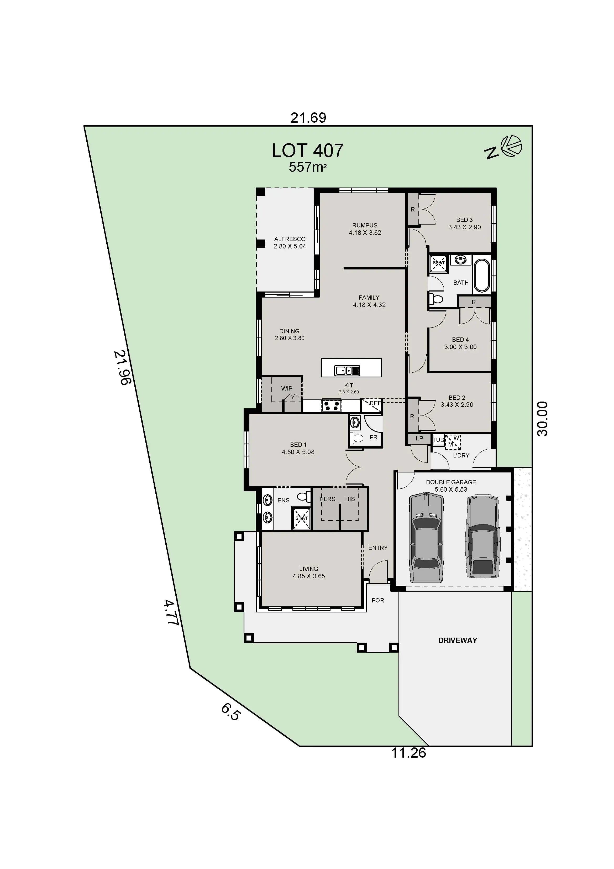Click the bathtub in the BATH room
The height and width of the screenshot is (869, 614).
coord(482,275)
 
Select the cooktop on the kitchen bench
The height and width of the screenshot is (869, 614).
coord(331,405)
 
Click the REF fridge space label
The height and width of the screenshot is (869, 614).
coord(375,403)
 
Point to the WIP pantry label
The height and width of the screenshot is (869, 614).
coord(286,388)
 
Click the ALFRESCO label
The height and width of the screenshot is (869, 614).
coord(289,239)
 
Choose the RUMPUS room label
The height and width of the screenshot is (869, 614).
coord(365,225)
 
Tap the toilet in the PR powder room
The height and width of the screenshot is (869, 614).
coord(356,438)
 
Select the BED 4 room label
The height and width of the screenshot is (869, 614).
coord(460,340)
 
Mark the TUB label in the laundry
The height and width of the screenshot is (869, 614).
coord(438,440)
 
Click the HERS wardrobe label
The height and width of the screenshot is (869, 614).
coord(327,499)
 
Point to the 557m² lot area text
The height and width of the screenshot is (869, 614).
coord(307,167)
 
